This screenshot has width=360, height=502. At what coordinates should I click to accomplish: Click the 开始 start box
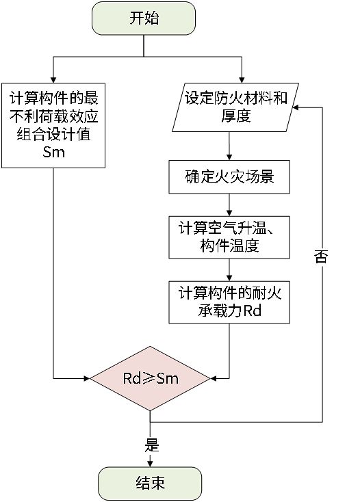pos(144,18)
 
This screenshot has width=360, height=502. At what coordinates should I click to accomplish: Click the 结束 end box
pos(150,484)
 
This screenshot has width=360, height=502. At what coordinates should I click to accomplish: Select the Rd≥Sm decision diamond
pos(150,378)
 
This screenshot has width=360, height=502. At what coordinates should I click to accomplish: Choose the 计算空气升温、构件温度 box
pos(229,235)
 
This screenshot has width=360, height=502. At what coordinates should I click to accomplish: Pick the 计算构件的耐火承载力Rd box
pos(229,302)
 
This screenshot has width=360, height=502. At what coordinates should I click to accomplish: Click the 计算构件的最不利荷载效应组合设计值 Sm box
pos(53,125)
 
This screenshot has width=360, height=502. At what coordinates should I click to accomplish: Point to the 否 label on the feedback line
pos(322,258)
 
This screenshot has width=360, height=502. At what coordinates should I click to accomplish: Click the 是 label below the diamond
pos(152,445)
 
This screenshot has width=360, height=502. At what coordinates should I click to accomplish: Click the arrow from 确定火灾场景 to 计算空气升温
pos(229,204)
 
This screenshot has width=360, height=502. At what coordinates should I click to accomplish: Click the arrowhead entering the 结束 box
pos(150,462)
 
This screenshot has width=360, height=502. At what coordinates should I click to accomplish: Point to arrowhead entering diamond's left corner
pos(88,378)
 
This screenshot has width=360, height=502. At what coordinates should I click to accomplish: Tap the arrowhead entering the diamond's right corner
pos(212,378)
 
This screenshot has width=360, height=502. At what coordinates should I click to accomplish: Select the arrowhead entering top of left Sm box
pos(53,79)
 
